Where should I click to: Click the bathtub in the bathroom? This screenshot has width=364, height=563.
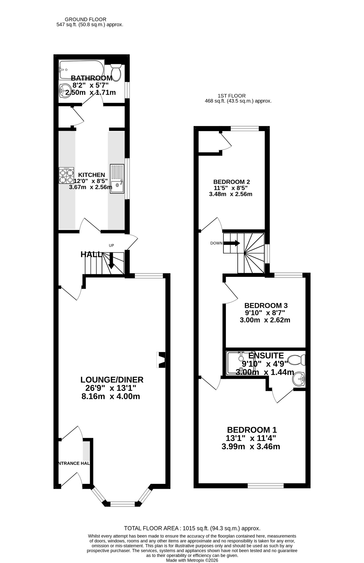pyautogui.click(x=82, y=70)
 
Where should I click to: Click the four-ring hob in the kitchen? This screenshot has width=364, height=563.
pyautogui.click(x=66, y=175)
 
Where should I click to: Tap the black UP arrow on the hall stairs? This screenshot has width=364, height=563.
pyautogui.click(x=111, y=260)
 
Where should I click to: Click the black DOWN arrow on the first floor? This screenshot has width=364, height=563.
pyautogui.click(x=232, y=243)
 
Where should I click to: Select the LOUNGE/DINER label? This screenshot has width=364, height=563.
pyautogui.click(x=112, y=380)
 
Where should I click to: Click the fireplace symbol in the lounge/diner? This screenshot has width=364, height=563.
pyautogui.click(x=161, y=360)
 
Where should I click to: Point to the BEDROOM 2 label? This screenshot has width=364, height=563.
pyautogui.click(x=232, y=182)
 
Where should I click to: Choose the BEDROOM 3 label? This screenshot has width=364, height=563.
pyautogui.click(x=266, y=305)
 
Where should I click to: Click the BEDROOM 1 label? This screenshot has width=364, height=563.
pyautogui.click(x=252, y=430)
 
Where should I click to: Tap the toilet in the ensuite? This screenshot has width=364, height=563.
pyautogui.click(x=296, y=360)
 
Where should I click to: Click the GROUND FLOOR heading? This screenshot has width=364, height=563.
pyautogui.click(x=85, y=19)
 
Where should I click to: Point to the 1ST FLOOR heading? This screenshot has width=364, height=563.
pyautogui.click(x=232, y=96)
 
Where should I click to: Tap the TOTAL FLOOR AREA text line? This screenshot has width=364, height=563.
pyautogui.click(x=192, y=528)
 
